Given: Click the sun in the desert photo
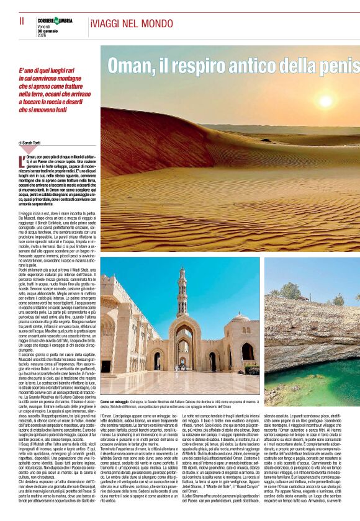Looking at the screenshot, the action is point(325,102).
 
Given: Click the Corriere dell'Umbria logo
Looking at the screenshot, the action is point(56,20).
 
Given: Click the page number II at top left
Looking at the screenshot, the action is point(22,21).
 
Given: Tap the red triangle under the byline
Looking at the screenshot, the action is point(28,150).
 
